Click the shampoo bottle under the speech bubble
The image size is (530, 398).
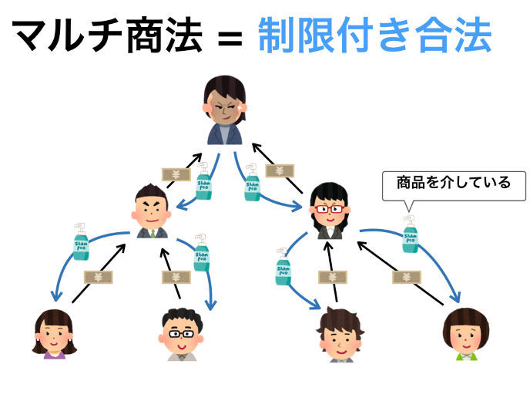pyautogui.click(x=411, y=234)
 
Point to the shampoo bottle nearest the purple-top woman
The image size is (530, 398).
pyautogui.click(x=81, y=241)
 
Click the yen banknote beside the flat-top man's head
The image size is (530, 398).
pyautogui.click(x=176, y=174)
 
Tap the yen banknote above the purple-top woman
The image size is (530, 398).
pyautogui.click(x=99, y=276)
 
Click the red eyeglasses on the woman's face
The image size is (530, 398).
pyautogui.click(x=330, y=208)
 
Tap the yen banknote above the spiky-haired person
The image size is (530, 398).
pyautogui.click(x=331, y=276)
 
